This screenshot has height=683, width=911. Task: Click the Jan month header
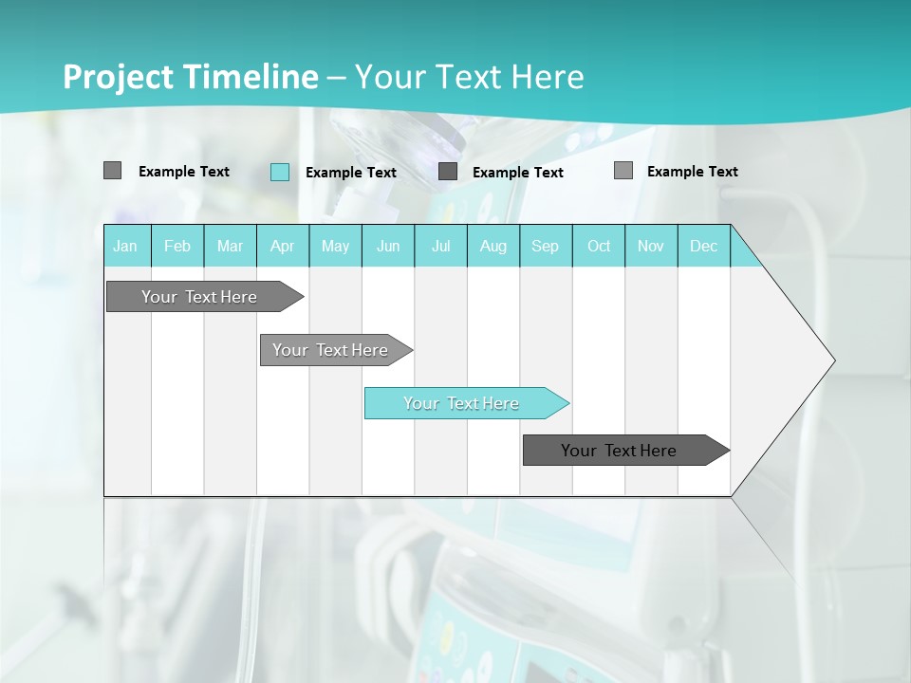(125, 246)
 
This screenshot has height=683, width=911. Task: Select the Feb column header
(177, 246)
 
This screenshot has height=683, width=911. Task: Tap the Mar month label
(230, 246)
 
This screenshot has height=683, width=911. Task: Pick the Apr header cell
(283, 246)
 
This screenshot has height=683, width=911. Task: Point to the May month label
(335, 246)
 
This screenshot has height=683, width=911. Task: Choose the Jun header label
(388, 246)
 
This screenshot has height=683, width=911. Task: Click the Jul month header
(440, 246)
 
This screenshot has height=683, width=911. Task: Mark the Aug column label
(493, 246)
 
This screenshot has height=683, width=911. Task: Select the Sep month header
(546, 246)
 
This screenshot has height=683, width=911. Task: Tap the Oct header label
(599, 246)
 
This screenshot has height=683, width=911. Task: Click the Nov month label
(651, 246)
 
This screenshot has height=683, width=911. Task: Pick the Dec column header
(704, 246)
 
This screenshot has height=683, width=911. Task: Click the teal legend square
(280, 172)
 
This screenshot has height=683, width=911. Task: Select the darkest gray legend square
(448, 172)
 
